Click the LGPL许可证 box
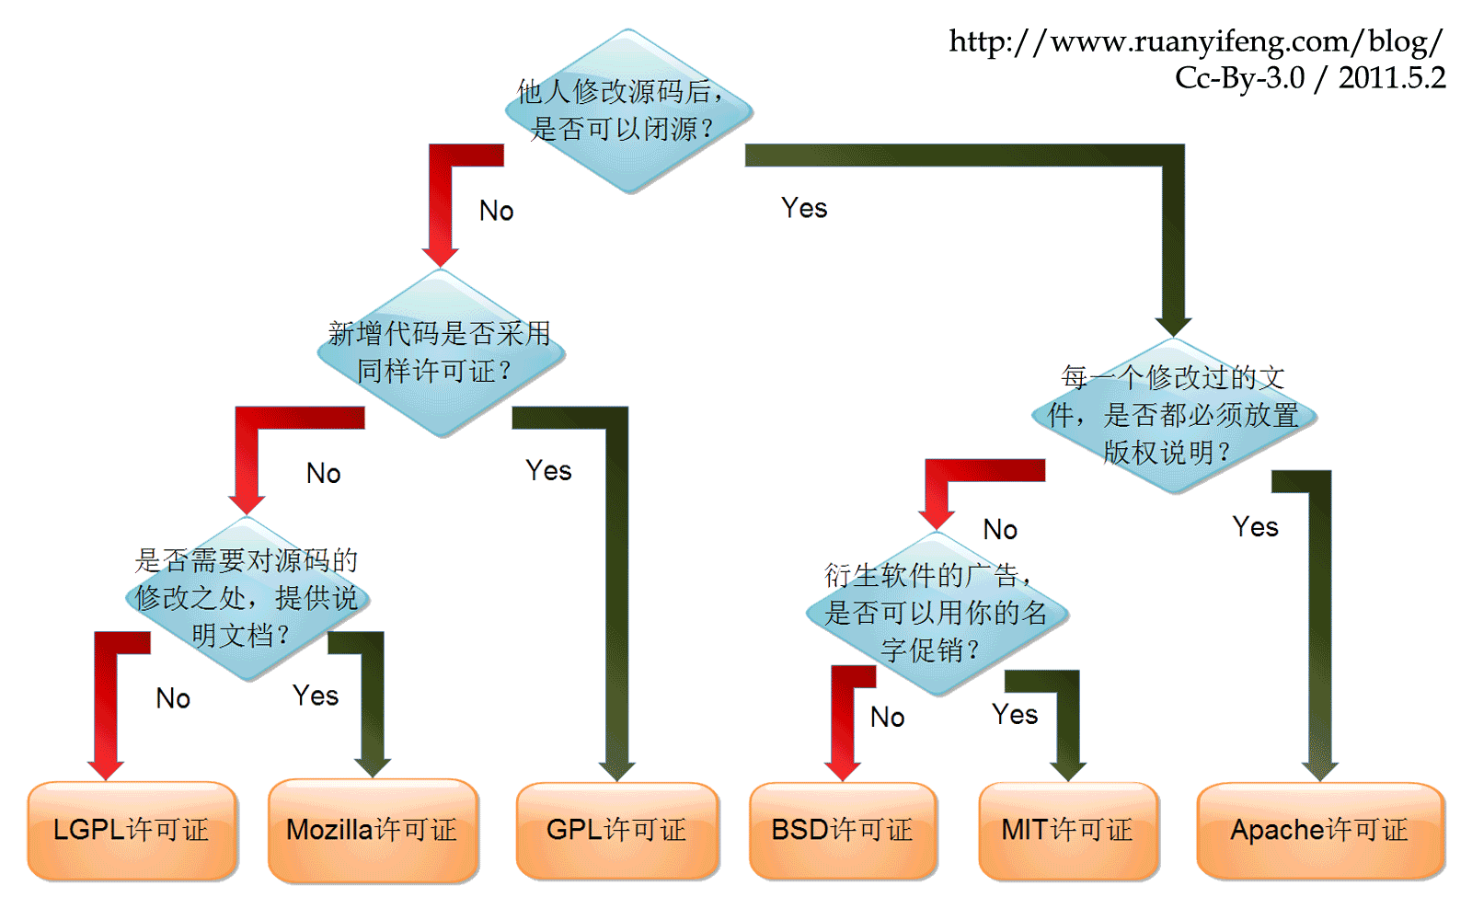pyautogui.click(x=132, y=830)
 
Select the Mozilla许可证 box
pyautogui.click(x=373, y=830)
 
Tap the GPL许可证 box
pyautogui.click(x=616, y=830)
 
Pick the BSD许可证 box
pyautogui.click(x=842, y=830)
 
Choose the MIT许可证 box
pyautogui.click(x=1067, y=830)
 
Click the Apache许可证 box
pyautogui.click(x=1319, y=830)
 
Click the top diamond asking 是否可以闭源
pyautogui.click(x=628, y=111)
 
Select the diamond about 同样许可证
pyautogui.click(x=440, y=352)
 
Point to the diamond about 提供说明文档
pyautogui.click(x=247, y=598)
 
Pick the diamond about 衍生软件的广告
pyautogui.click(x=936, y=613)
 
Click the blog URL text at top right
pyautogui.click(x=1195, y=41)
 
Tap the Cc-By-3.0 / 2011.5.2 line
pyautogui.click(x=1310, y=78)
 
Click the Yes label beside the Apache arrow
pyautogui.click(x=1255, y=527)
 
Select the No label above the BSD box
pyautogui.click(x=887, y=718)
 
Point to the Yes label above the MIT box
pyautogui.click(x=1015, y=715)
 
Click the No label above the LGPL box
pyautogui.click(x=173, y=699)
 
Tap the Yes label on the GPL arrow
pyautogui.click(x=548, y=471)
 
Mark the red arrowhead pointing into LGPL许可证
pyautogui.click(x=106, y=769)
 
